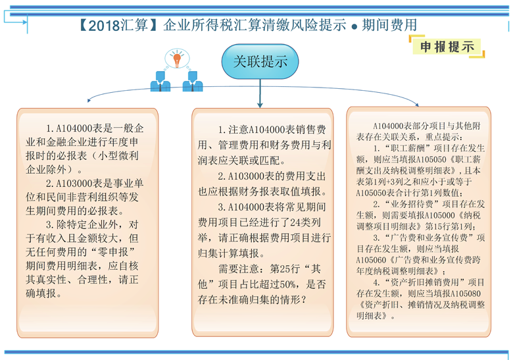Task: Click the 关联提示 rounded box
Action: pyautogui.click(x=260, y=62)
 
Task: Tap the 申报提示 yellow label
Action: pyautogui.click(x=447, y=47)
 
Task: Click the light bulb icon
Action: pyautogui.click(x=176, y=59)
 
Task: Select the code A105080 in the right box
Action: pyautogui.click(x=465, y=293)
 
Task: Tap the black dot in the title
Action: pyautogui.click(x=354, y=27)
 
